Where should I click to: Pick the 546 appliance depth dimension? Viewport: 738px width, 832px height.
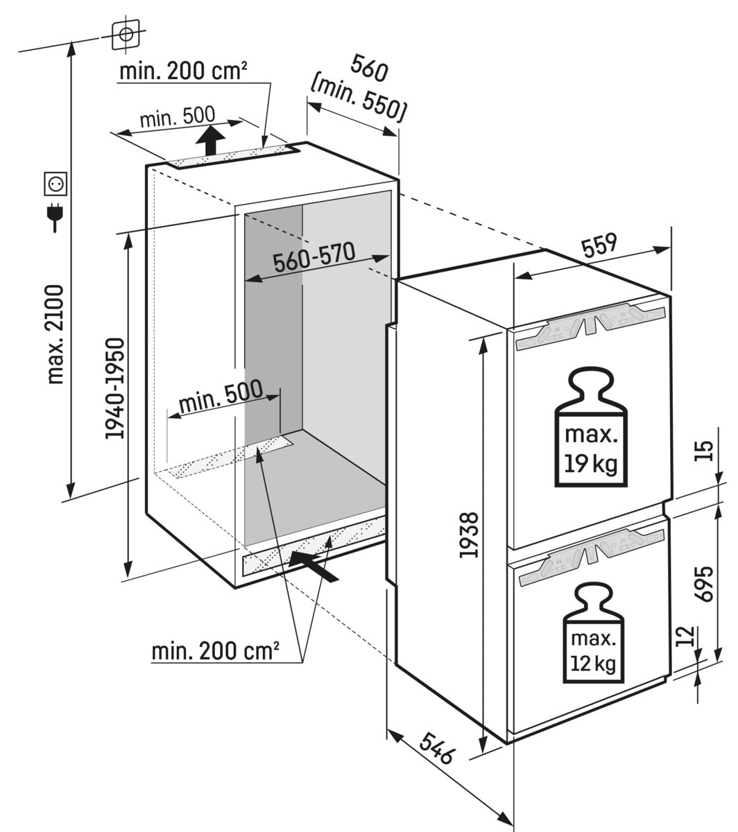tap(436, 747)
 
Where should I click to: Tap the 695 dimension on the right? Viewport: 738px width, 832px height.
tap(704, 584)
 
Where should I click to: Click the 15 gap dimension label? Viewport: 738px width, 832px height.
tap(704, 451)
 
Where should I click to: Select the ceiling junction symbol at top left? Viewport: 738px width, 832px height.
tap(125, 34)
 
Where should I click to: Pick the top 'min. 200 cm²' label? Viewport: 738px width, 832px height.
tap(183, 71)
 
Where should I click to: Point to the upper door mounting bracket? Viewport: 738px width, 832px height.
tap(589, 322)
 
